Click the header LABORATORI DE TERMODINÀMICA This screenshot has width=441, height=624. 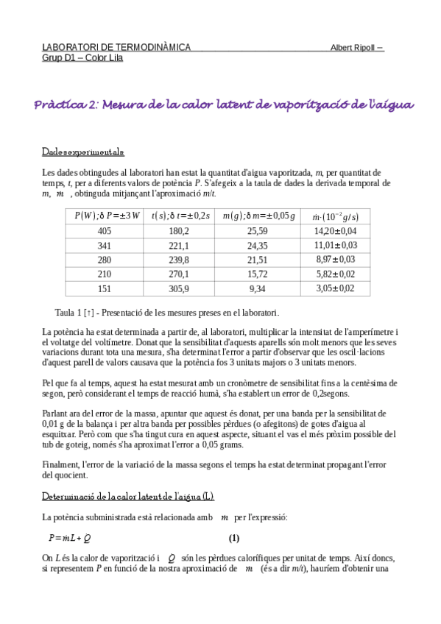(x=116, y=47)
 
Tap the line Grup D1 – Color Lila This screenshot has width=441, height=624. (x=82, y=57)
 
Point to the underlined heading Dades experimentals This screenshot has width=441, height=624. (x=82, y=152)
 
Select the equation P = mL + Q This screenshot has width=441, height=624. (x=70, y=536)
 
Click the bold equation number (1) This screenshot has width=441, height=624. (x=234, y=536)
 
